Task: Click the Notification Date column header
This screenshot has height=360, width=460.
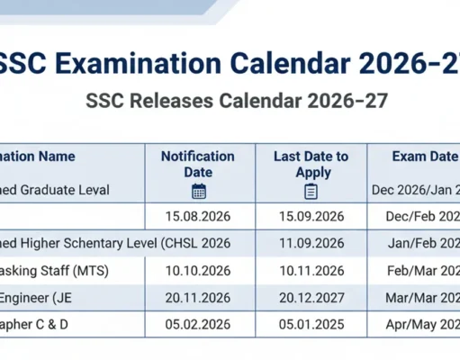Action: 198,164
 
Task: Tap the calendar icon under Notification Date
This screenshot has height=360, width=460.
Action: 199,191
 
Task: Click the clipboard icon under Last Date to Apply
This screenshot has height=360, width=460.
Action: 311,191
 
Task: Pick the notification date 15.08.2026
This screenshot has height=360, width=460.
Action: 199,217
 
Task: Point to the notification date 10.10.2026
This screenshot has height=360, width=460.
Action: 199,270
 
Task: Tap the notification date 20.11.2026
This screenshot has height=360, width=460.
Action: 199,298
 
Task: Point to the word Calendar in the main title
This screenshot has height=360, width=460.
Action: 292,64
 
